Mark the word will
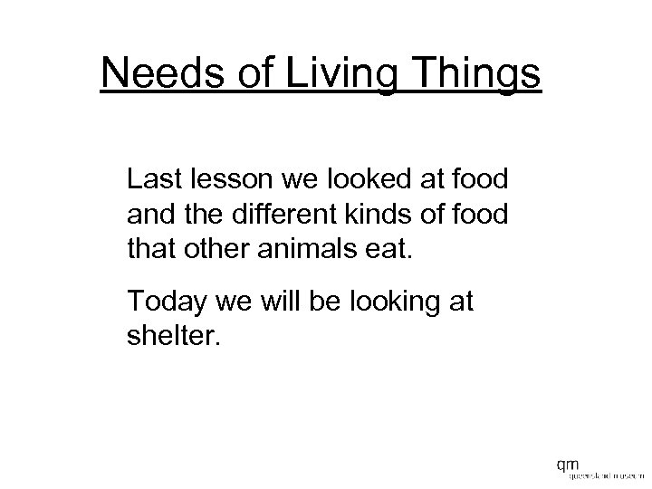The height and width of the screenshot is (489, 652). pos(273,300)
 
